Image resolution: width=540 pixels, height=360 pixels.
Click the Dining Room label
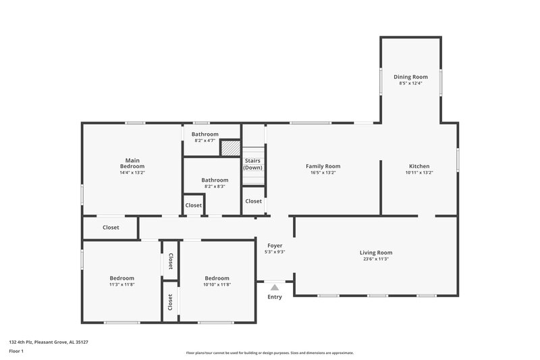(x=410, y=77)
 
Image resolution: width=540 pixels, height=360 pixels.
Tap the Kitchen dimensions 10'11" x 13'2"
(x=418, y=173)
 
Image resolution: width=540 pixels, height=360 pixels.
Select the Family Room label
(x=323, y=166)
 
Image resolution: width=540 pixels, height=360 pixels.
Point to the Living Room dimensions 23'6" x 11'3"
(x=375, y=259)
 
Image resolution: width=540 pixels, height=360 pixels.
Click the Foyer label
(x=275, y=246)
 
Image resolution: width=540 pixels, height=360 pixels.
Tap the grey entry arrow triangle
(x=275, y=288)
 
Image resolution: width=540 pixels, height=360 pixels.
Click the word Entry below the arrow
(x=275, y=297)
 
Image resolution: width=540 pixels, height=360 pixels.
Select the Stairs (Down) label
(x=253, y=163)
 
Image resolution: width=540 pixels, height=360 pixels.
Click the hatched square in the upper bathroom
(x=231, y=148)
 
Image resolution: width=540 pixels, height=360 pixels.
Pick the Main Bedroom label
(x=132, y=163)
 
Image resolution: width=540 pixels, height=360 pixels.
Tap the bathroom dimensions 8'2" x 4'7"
(x=205, y=140)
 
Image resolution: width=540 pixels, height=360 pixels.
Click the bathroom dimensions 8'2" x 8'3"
(x=215, y=186)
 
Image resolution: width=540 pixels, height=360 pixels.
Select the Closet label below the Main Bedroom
(x=111, y=228)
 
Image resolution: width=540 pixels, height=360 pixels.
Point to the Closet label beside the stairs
(x=253, y=201)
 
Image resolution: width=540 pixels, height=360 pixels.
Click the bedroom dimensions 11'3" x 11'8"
(x=122, y=284)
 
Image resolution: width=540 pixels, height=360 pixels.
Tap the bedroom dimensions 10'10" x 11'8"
(x=217, y=284)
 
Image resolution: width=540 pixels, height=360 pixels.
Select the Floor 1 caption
(x=16, y=352)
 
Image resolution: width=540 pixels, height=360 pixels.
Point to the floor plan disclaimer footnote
(x=269, y=353)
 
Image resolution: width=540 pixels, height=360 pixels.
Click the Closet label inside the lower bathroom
(x=194, y=205)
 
